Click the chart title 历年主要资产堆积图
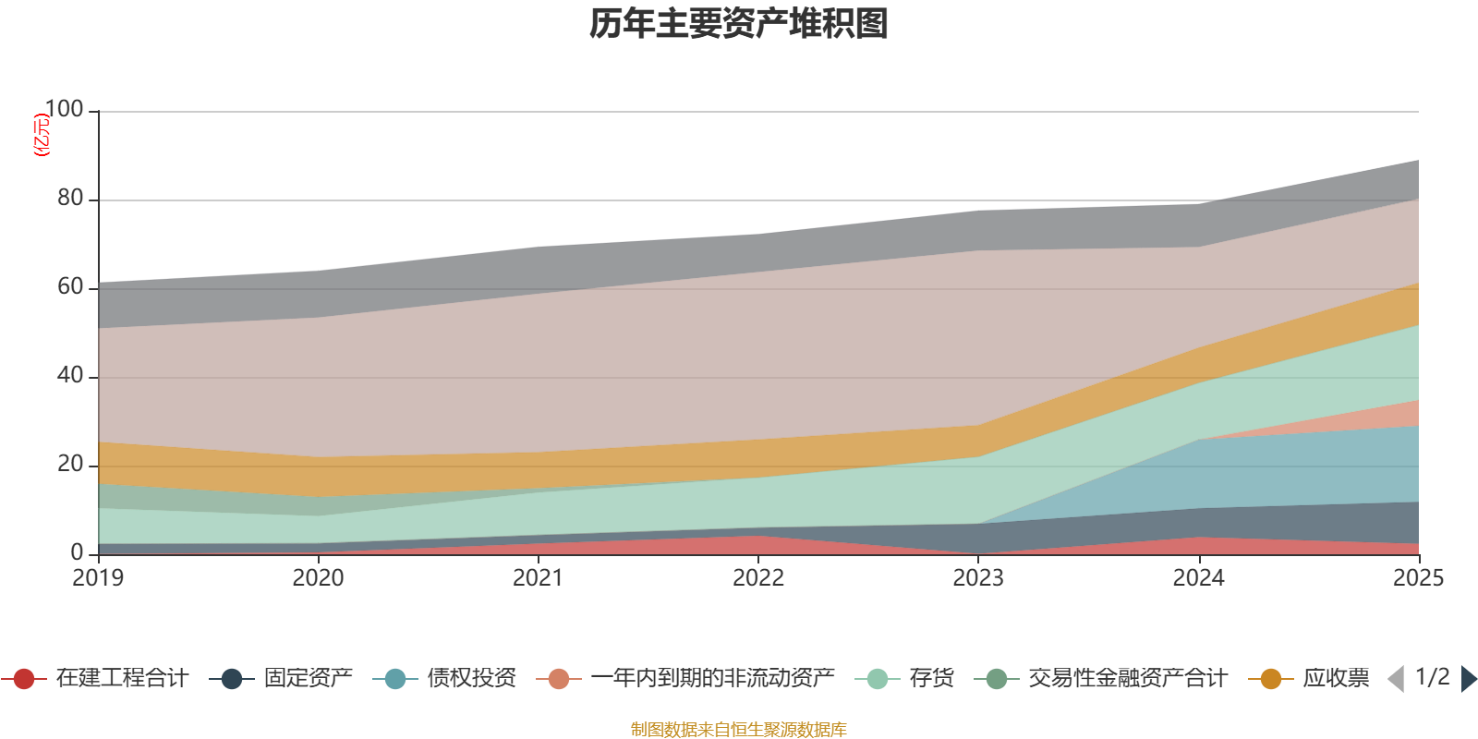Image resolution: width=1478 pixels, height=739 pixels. (x=739, y=24)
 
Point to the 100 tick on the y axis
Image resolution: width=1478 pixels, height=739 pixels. (x=64, y=110)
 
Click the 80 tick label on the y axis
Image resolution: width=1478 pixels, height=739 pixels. (x=70, y=199)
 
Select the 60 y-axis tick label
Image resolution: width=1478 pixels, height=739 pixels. (x=70, y=287)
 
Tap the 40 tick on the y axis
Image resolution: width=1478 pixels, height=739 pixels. (x=70, y=376)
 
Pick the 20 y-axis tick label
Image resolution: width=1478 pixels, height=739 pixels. (x=70, y=465)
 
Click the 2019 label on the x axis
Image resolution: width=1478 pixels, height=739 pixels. (x=98, y=578)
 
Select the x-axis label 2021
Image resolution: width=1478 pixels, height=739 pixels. (x=538, y=578)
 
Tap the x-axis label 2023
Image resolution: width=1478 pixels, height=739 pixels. (x=978, y=578)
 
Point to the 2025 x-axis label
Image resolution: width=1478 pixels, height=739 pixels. (x=1417, y=578)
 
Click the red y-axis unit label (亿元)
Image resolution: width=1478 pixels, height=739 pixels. (x=42, y=135)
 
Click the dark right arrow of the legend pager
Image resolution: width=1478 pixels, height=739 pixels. (x=1468, y=679)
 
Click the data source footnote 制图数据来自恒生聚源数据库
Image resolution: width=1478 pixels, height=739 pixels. (x=739, y=730)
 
